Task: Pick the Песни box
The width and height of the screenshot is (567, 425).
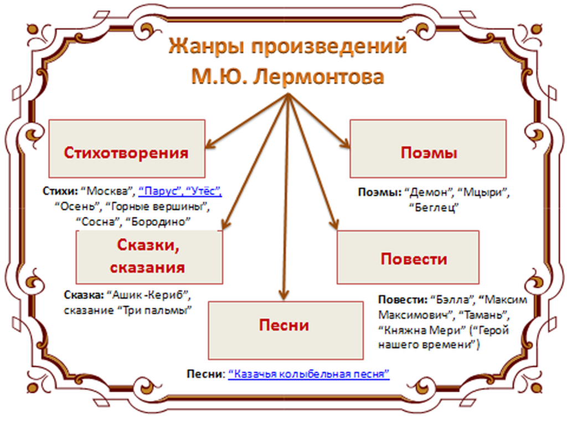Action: pyautogui.click(x=284, y=326)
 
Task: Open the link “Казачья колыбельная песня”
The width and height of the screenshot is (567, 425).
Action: pyautogui.click(x=309, y=374)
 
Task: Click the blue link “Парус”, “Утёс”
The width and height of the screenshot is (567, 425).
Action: pyautogui.click(x=181, y=191)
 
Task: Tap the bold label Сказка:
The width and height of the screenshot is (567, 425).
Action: pyautogui.click(x=84, y=294)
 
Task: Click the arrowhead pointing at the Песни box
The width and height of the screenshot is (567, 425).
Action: pyautogui.click(x=284, y=296)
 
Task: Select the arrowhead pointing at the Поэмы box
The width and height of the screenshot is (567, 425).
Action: pyautogui.click(x=344, y=146)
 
